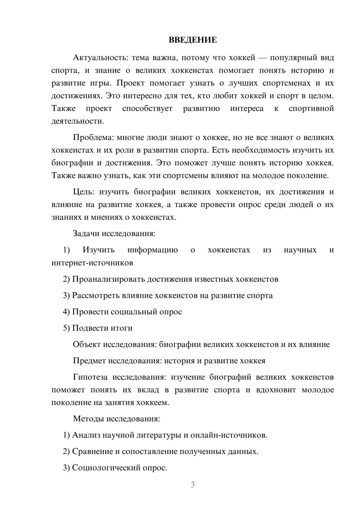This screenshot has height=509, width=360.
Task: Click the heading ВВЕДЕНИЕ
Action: coord(193,40)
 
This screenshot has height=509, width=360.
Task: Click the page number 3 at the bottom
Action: coord(193,485)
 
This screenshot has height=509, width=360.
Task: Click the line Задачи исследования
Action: coord(114,233)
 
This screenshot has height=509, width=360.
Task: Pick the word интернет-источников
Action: coord(92,263)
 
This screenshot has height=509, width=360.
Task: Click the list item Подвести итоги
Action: coord(102,328)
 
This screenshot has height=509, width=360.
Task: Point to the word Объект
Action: coord(86,344)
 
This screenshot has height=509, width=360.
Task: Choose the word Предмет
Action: coord(89,361)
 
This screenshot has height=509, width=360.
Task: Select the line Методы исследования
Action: coord(116,419)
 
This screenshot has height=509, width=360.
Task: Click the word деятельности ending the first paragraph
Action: coord(77,121)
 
